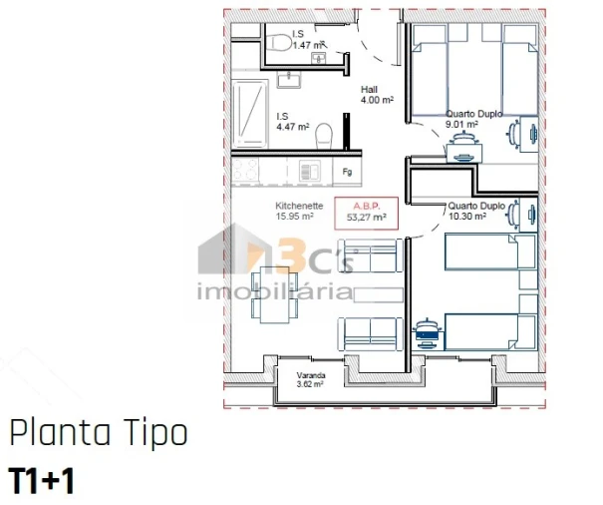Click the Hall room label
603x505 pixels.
(369, 89)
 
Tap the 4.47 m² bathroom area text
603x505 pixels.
(292, 127)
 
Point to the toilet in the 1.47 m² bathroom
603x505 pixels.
(279, 42)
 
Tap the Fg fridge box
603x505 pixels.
(348, 172)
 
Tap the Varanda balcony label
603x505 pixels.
(310, 375)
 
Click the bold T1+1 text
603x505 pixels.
(42, 480)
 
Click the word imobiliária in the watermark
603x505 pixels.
(276, 292)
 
